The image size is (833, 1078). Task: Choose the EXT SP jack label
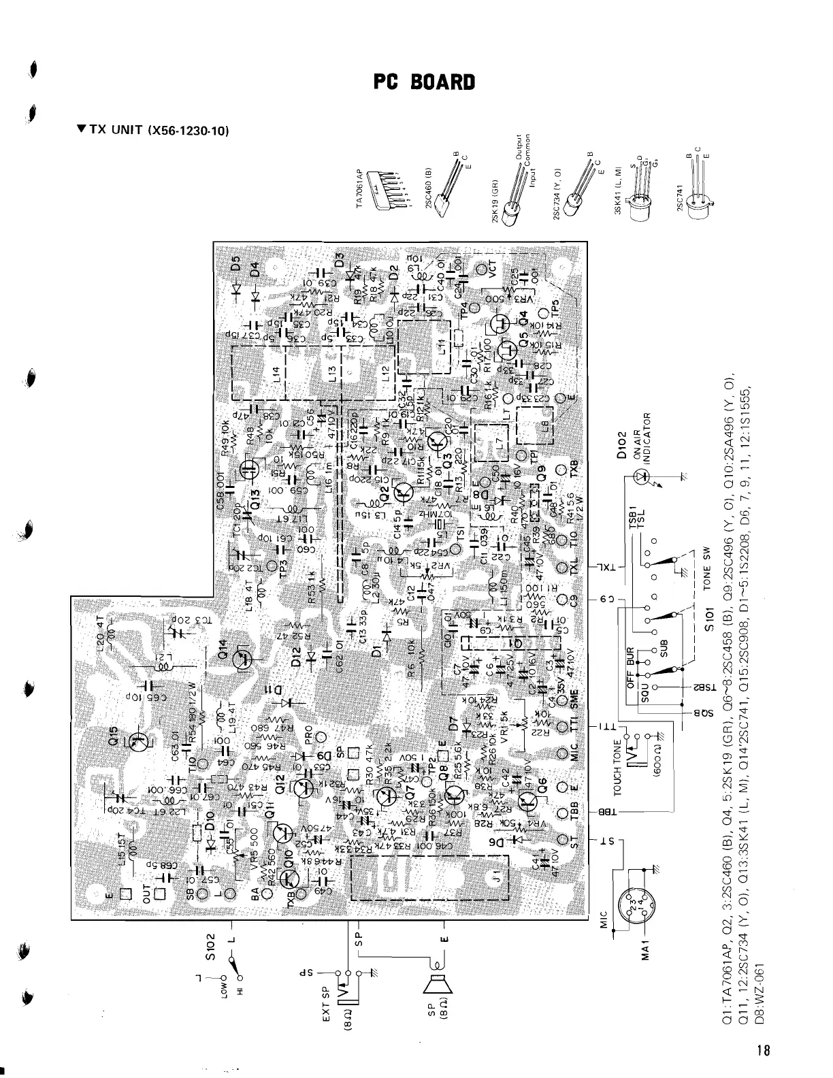[325, 1004]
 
